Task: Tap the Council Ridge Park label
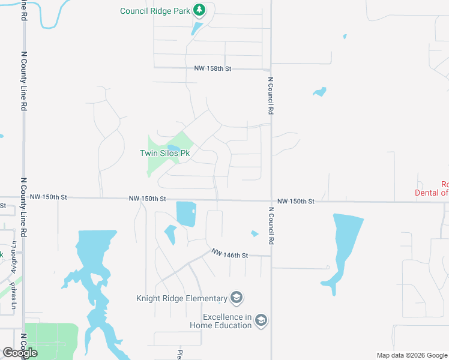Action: tap(154, 11)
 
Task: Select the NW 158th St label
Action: tap(212, 69)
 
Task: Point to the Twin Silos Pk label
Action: tap(165, 154)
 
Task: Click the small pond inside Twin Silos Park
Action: tap(173, 148)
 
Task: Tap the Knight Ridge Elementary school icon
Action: tap(237, 298)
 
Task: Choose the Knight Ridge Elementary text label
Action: tap(182, 298)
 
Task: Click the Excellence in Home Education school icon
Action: tap(261, 321)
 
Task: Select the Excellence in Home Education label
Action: tap(220, 321)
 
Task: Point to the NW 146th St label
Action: tap(229, 255)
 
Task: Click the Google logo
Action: tap(20, 353)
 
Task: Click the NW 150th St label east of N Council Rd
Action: tap(296, 202)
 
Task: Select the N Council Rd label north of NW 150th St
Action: tap(271, 96)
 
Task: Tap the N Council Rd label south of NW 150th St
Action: tap(271, 226)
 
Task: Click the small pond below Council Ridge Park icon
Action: tap(197, 28)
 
